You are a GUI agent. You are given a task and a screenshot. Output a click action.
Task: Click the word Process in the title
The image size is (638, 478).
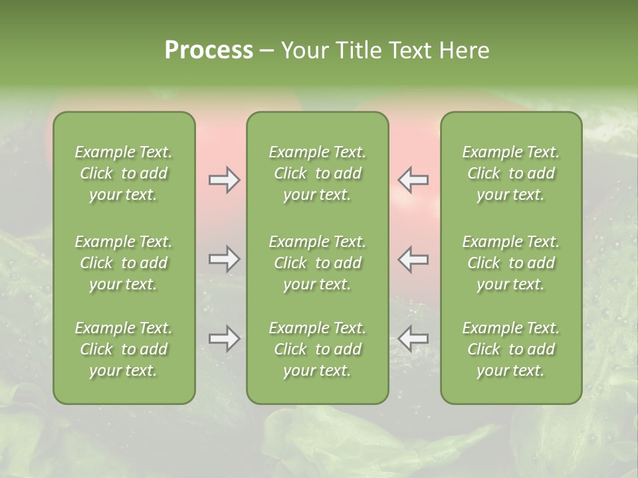point(209,50)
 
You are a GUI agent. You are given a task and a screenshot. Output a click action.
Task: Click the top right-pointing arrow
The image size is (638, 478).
point(225,180)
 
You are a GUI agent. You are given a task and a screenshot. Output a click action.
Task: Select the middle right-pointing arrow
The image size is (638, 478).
point(225,259)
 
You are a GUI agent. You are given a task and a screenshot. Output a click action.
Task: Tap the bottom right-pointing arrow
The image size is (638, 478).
point(225,339)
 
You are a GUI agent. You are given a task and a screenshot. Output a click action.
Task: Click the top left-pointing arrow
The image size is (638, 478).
point(413,180)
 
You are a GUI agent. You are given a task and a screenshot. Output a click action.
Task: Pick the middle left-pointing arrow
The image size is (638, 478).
point(413,259)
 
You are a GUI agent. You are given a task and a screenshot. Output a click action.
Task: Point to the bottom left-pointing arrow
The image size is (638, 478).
point(413,339)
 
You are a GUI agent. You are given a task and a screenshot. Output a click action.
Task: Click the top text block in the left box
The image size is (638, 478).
point(124,173)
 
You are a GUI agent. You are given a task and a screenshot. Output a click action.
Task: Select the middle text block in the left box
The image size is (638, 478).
point(124,263)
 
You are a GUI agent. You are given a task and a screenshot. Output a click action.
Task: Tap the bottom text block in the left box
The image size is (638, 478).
point(124,349)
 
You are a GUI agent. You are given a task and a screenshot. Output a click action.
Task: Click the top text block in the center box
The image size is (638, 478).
point(317,173)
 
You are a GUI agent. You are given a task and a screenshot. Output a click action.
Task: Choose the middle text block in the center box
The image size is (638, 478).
point(317,263)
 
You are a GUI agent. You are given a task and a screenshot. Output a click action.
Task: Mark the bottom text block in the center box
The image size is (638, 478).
point(317,349)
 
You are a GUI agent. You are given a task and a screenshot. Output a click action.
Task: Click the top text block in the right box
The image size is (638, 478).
point(510,173)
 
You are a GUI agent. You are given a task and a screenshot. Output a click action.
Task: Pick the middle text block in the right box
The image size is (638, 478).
point(510,263)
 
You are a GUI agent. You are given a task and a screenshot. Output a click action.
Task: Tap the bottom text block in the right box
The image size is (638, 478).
point(510,349)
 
